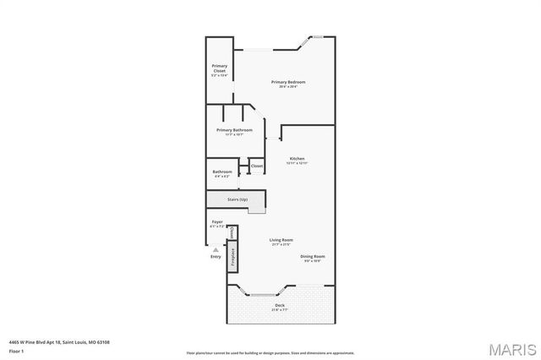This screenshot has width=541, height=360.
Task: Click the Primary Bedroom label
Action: [287, 82]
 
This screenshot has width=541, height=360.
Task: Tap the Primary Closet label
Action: [220, 68]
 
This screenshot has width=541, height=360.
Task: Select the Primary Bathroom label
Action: [234, 130]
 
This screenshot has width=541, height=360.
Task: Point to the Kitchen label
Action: [298, 158]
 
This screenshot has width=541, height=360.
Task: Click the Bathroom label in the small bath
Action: [222, 172]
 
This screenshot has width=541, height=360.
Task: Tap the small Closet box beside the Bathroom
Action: [257, 166]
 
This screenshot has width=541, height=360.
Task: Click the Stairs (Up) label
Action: [238, 199]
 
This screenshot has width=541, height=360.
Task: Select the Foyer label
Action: [217, 221]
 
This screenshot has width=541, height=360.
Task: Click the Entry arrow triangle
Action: [216, 250]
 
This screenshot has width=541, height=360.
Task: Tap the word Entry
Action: [216, 257]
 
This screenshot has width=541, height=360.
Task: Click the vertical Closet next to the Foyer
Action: [233, 231]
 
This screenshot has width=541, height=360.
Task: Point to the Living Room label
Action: [281, 241]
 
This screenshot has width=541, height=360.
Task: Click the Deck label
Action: [279, 305]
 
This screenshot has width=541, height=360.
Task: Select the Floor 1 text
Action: [15, 351]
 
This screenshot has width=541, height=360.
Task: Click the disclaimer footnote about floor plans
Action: [270, 352]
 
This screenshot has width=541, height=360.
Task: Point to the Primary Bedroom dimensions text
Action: [287, 87]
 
